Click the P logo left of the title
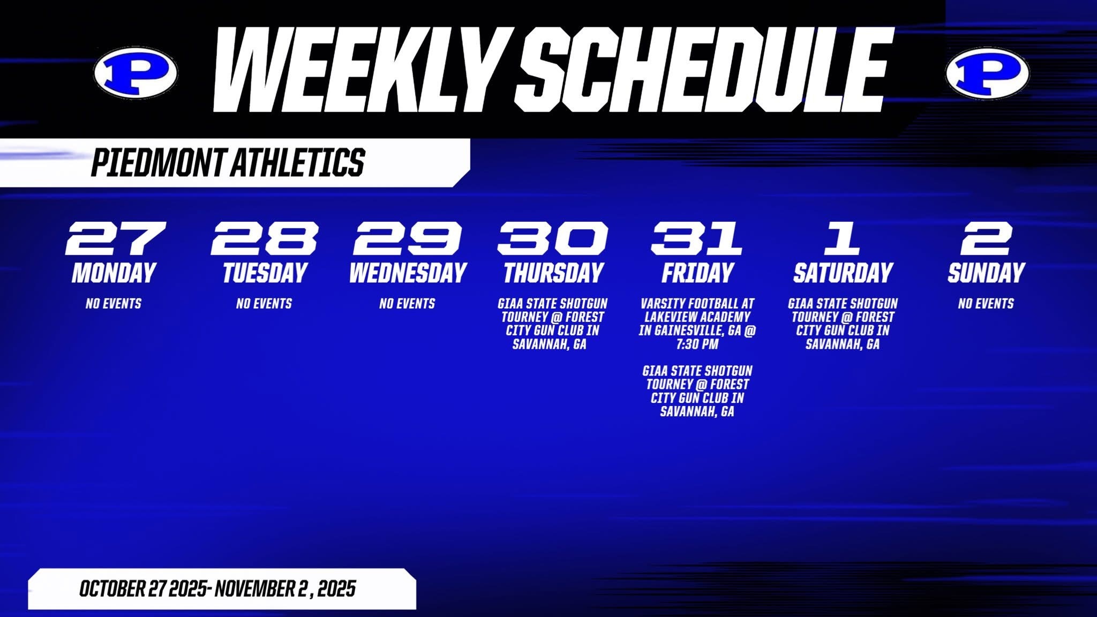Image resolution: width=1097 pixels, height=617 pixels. click(136, 73)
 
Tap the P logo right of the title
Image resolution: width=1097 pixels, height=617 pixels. click(987, 73)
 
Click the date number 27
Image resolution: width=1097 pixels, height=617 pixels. click(115, 238)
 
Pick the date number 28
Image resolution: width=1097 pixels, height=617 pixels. click(265, 238)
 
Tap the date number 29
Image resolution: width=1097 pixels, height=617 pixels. click(408, 238)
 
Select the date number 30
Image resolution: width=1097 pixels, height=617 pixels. click(553, 238)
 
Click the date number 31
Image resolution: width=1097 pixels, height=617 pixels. click(696, 238)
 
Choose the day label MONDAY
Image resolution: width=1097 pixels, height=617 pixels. click(114, 273)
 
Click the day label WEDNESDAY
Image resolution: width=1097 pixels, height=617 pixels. click(408, 273)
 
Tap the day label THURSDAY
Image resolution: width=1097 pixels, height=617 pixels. click(553, 273)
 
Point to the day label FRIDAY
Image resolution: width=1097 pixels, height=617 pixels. click(697, 273)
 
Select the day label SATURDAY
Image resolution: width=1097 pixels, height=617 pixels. click(843, 273)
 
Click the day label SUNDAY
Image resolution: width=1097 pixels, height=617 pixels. click(986, 273)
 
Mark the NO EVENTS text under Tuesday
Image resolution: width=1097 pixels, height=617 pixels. click(264, 304)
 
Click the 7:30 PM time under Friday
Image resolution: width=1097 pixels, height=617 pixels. click(697, 344)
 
